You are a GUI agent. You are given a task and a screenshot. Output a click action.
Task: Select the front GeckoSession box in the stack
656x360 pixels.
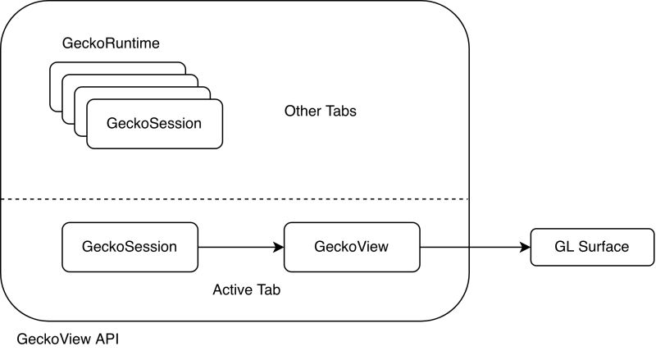pyautogui.click(x=154, y=124)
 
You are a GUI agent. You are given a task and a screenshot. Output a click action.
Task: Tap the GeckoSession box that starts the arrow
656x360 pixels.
pyautogui.click(x=130, y=247)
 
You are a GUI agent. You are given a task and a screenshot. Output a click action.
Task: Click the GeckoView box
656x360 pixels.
pyautogui.click(x=351, y=247)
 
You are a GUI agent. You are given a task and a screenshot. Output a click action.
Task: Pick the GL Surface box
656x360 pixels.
pyautogui.click(x=592, y=247)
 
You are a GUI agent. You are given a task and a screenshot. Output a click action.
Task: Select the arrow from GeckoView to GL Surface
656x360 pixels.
pyautogui.click(x=471, y=247)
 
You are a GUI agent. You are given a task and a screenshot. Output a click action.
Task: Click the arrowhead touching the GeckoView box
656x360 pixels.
pyautogui.click(x=279, y=247)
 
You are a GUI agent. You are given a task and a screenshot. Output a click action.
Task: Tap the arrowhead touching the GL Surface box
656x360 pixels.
pyautogui.click(x=526, y=247)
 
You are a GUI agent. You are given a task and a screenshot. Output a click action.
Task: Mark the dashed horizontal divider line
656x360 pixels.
pyautogui.click(x=246, y=198)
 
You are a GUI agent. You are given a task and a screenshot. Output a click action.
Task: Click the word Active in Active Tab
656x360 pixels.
pyautogui.click(x=232, y=289)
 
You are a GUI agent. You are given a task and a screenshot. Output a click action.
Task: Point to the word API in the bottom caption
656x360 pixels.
pyautogui.click(x=107, y=338)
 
